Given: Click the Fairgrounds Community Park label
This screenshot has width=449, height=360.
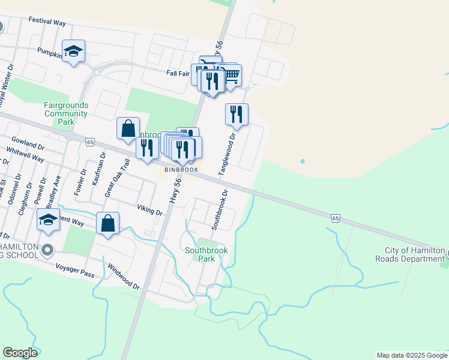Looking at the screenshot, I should pyautogui.click(x=66, y=113).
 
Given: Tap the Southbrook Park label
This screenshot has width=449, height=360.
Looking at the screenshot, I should pyautogui.click(x=200, y=254).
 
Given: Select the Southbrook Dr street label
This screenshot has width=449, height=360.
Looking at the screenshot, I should pyautogui.click(x=220, y=211).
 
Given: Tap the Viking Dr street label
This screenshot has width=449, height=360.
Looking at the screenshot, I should pyautogui.click(x=149, y=209).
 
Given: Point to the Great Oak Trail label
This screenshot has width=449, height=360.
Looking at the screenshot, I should pyautogui.click(x=118, y=178).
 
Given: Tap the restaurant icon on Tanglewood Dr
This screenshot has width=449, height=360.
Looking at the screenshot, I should pyautogui.click(x=237, y=113).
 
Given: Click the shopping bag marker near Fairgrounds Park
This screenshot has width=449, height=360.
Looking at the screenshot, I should pyautogui.click(x=128, y=128).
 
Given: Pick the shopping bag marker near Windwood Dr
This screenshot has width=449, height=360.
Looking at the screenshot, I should pyautogui.click(x=107, y=223).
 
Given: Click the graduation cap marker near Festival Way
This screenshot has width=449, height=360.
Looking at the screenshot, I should pyautogui.click(x=73, y=51).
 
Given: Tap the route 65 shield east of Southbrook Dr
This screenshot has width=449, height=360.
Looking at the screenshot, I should pyautogui.click(x=335, y=217).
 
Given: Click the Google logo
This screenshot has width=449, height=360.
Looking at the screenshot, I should pyautogui.click(x=20, y=353).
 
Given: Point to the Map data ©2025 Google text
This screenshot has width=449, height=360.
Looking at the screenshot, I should pyautogui.click(x=411, y=355).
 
